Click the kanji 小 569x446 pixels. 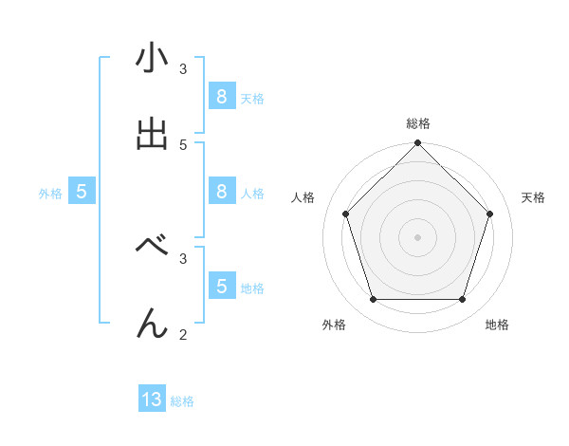[x=152, y=60]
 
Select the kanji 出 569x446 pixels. [x=152, y=134]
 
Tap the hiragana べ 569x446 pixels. [x=152, y=246]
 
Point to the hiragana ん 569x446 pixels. [x=152, y=324]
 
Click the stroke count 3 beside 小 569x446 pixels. [x=183, y=69]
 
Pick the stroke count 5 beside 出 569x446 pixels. [x=183, y=144]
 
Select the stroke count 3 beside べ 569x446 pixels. [x=183, y=256]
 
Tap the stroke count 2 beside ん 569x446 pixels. [x=183, y=334]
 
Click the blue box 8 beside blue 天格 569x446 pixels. [x=221, y=97]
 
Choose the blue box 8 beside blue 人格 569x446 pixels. [x=221, y=192]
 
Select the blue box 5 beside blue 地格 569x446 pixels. [x=221, y=286]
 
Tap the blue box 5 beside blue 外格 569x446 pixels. [x=82, y=192]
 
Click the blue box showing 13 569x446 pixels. [x=152, y=400]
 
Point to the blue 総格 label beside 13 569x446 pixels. [x=182, y=401]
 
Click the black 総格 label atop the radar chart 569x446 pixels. [x=418, y=123]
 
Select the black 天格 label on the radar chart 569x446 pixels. [x=534, y=197]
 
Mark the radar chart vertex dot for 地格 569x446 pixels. [x=463, y=300]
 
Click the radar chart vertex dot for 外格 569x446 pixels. [x=373, y=300]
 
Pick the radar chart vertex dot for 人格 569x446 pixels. [x=345, y=214]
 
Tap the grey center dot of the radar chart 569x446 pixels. [x=417, y=237]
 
